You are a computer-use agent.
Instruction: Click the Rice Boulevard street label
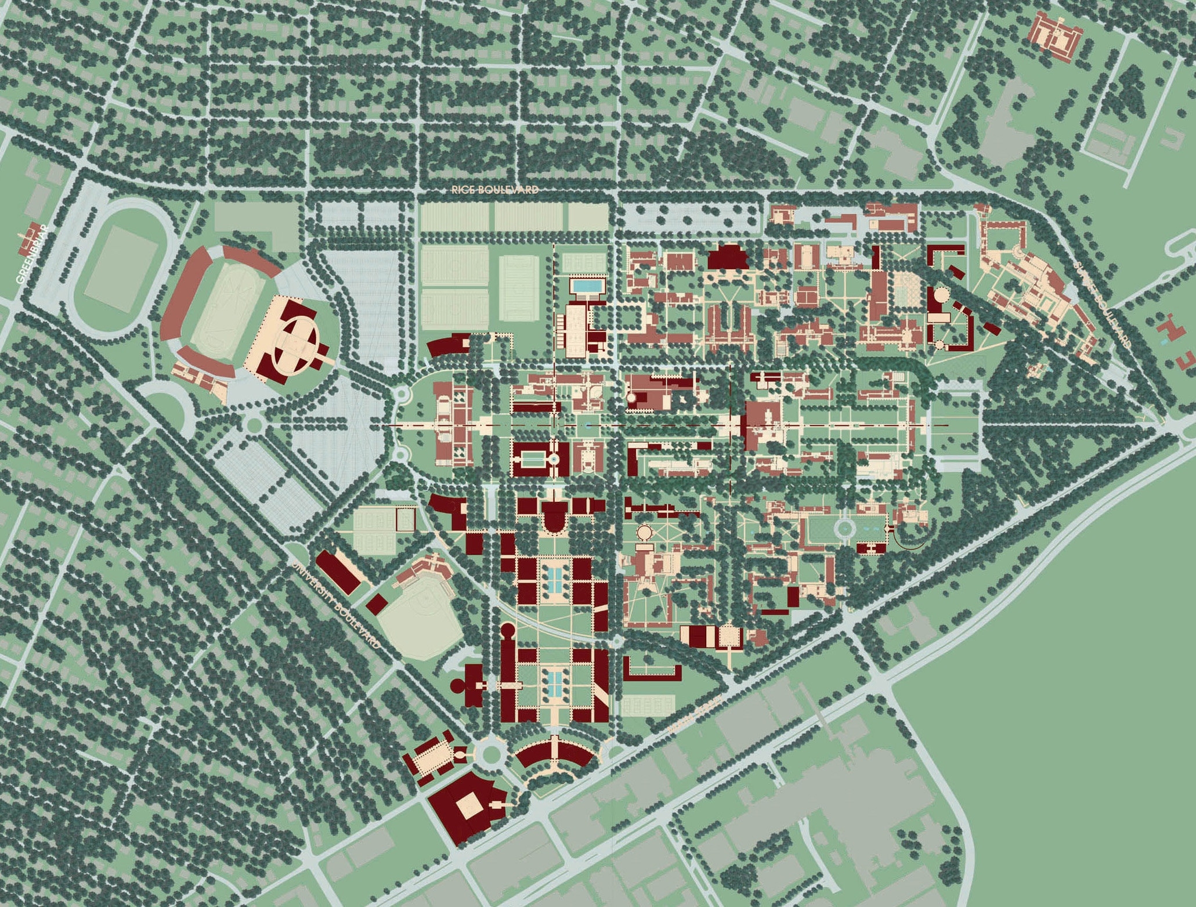495,190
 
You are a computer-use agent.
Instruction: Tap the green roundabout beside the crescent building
492,753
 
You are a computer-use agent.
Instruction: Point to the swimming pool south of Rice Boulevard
587,286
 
